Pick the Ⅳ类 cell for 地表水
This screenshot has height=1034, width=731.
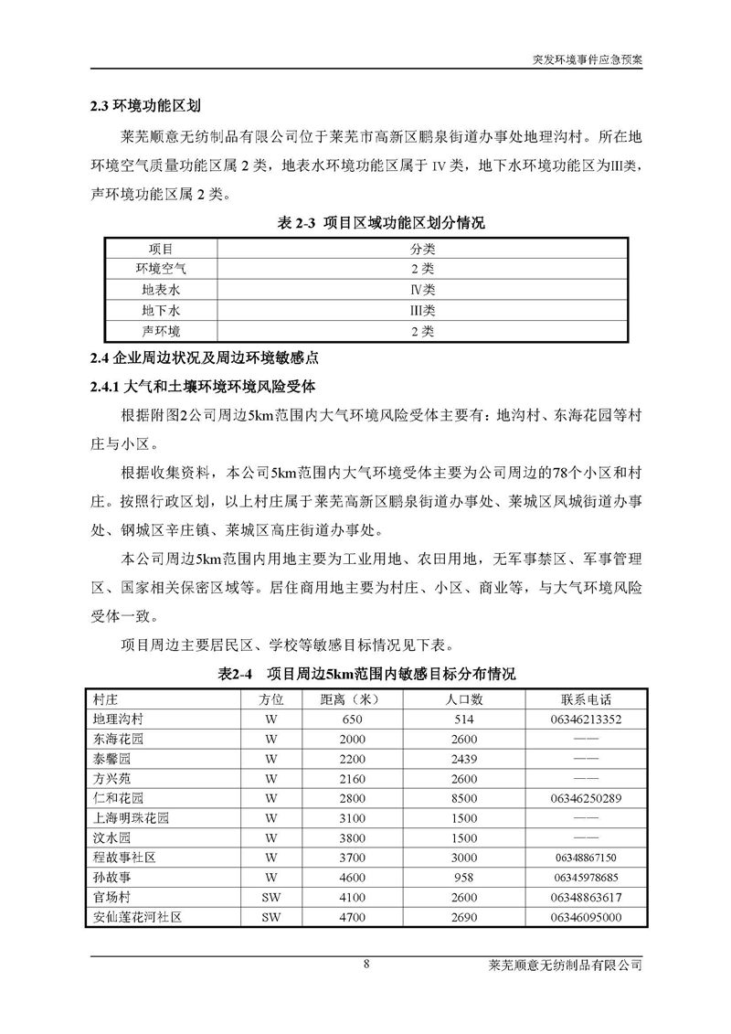click(422, 289)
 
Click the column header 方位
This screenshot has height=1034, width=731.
click(270, 699)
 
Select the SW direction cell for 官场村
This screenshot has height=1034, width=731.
click(270, 897)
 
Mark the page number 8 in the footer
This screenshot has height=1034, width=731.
click(365, 965)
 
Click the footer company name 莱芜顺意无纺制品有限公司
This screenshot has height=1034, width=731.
click(567, 966)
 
